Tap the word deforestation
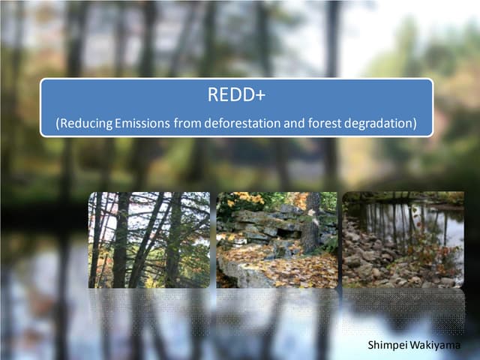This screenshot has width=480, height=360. [x=239, y=121]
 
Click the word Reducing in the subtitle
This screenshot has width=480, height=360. [x=87, y=121]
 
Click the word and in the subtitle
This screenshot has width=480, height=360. [x=294, y=121]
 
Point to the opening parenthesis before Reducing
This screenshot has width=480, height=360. [x=58, y=121]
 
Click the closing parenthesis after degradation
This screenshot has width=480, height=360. [x=413, y=121]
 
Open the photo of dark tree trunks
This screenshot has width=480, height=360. [x=148, y=240]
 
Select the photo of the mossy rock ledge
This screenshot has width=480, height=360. [x=276, y=240]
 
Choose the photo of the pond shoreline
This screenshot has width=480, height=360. [x=403, y=240]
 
